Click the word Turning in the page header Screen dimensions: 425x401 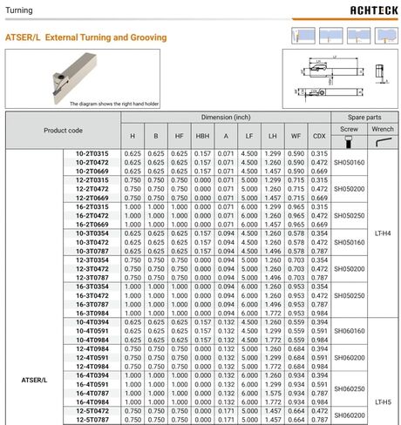(x=22, y=10)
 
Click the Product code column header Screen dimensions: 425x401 (x=63, y=130)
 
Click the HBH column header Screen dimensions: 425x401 (x=202, y=136)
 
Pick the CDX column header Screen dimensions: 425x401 (x=320, y=136)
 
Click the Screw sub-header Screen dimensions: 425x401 (x=349, y=128)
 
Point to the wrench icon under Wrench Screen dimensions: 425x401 (x=384, y=141)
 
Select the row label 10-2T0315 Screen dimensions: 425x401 (x=92, y=153)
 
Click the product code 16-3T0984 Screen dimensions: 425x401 (x=92, y=313)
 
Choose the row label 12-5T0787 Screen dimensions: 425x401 (x=92, y=420)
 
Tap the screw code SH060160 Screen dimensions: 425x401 (x=349, y=331)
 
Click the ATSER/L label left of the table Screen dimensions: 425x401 (x=34, y=380)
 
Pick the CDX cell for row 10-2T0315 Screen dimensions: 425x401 (x=320, y=153)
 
